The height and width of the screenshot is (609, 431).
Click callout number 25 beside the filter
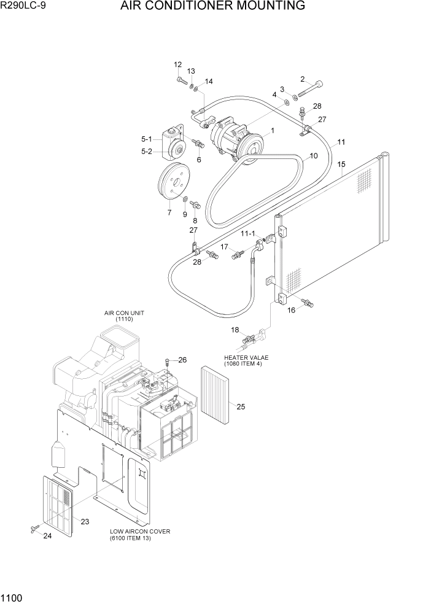241,406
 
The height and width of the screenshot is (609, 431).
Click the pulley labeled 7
173,183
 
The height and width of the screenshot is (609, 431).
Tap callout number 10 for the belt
313,156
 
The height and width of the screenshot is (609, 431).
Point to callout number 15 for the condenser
341,164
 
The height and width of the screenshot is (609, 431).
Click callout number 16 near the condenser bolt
291,311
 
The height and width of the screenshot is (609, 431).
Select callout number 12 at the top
178,64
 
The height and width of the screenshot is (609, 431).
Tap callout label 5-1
146,139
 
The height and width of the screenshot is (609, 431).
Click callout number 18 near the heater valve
235,330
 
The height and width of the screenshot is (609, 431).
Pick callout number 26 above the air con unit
182,360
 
